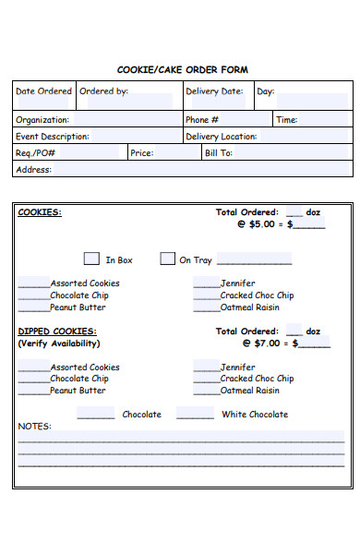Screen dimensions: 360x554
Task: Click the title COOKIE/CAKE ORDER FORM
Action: tap(182, 69)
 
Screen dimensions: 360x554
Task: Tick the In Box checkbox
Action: tap(91, 259)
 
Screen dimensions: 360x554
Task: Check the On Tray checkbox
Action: tap(167, 259)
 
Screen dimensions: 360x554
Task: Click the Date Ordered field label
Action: tap(43, 91)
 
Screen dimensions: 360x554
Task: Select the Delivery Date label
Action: tap(214, 91)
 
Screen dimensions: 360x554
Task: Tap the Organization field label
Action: tap(42, 120)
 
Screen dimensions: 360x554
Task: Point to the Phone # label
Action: tap(202, 120)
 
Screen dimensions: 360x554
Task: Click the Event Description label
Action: tap(53, 137)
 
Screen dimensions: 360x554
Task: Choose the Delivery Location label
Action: tap(222, 137)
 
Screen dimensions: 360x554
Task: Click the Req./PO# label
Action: tap(36, 153)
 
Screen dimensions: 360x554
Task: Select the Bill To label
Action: tap(219, 153)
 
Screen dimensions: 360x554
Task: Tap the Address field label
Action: tap(33, 170)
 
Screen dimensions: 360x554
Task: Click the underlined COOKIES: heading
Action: tap(40, 212)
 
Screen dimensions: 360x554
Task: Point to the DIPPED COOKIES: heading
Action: tap(57, 331)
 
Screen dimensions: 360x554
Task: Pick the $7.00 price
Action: tap(268, 343)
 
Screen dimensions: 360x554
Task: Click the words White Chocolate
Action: tap(255, 415)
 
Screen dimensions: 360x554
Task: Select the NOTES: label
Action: tap(35, 427)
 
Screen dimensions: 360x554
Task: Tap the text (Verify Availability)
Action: tap(59, 343)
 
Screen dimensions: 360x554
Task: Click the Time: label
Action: tap(287, 120)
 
